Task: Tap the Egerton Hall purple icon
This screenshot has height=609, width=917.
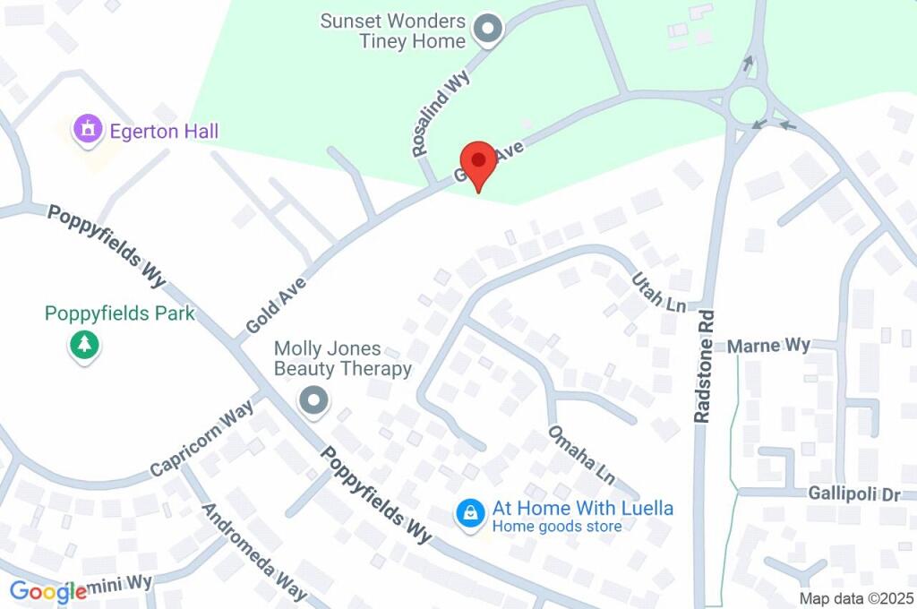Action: pyautogui.click(x=88, y=131)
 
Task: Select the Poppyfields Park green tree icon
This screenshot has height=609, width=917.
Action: pyautogui.click(x=84, y=345)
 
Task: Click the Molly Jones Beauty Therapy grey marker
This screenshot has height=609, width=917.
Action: pyautogui.click(x=313, y=400)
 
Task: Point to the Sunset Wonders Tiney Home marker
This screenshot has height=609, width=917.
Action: pyautogui.click(x=488, y=30)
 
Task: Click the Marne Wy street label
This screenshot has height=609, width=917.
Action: pyautogui.click(x=768, y=346)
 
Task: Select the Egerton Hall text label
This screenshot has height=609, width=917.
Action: pyautogui.click(x=164, y=132)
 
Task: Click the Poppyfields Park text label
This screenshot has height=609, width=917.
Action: pyautogui.click(x=120, y=313)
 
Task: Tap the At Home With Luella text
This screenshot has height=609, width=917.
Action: pyautogui.click(x=583, y=509)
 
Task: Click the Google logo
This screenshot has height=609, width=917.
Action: pyautogui.click(x=48, y=591)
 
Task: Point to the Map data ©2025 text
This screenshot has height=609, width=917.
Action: pyautogui.click(x=856, y=598)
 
